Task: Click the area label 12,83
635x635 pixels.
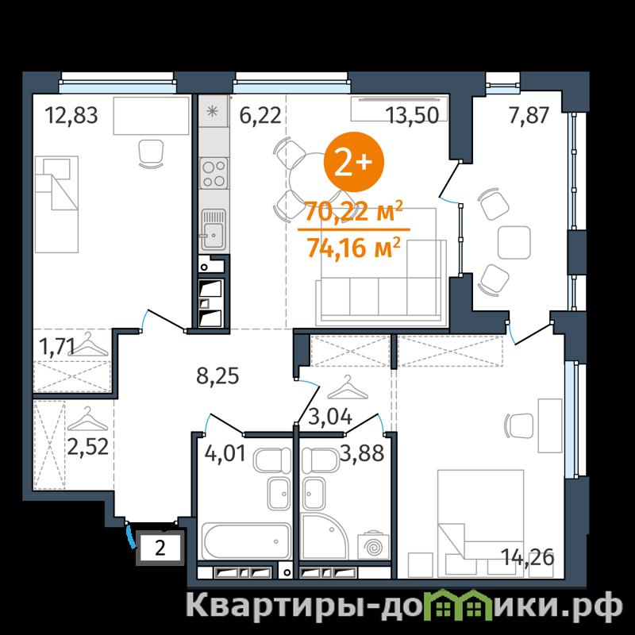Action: [x=71, y=115]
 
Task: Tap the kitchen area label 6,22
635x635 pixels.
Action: [x=260, y=116]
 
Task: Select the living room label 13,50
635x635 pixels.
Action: [x=412, y=115]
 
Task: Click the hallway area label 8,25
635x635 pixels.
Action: [x=217, y=376]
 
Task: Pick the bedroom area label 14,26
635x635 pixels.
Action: [x=527, y=558]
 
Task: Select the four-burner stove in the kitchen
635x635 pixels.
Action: [x=214, y=173]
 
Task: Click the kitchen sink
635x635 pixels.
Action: [x=214, y=229]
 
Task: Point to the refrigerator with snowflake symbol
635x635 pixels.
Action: [x=213, y=111]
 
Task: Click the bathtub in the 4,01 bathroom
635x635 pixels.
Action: [x=246, y=541]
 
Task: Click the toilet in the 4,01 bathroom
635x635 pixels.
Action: [x=272, y=460]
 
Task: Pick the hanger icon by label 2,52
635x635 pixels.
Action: [x=87, y=420]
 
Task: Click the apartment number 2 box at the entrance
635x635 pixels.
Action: [x=160, y=548]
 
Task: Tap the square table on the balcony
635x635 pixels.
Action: [x=514, y=243]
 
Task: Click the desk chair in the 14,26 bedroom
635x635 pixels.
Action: [x=519, y=425]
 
